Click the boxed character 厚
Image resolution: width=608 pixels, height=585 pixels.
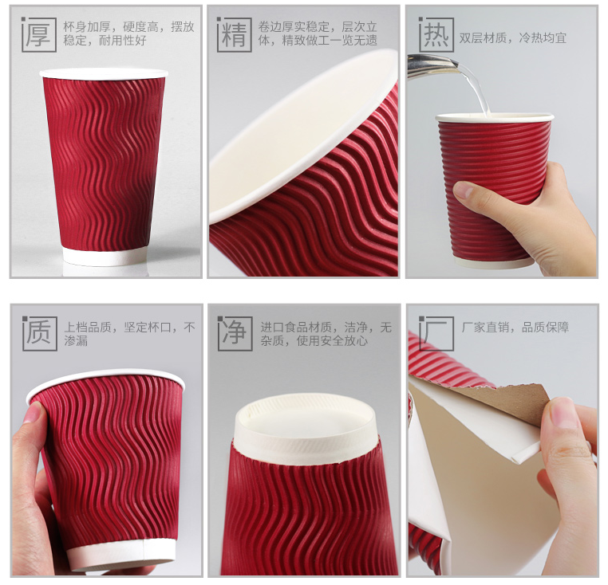[x=39, y=34]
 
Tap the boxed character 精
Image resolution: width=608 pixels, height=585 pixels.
[x=235, y=34]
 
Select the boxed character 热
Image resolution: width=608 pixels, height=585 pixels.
[x=436, y=34]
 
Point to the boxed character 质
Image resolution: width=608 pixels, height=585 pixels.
[x=39, y=332]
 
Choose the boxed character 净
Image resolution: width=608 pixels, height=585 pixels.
[x=235, y=332]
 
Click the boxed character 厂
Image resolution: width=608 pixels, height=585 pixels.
[x=436, y=332]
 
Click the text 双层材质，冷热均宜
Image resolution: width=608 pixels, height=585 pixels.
[x=512, y=38]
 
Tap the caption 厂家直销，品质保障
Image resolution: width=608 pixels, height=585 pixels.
[x=515, y=328]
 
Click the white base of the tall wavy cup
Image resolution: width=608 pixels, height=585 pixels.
[x=105, y=256]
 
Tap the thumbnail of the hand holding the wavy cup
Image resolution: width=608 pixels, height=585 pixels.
[x=34, y=414]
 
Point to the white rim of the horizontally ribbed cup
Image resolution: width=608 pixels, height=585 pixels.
[x=495, y=117]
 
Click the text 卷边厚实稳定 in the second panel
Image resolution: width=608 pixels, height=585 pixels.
[x=294, y=27]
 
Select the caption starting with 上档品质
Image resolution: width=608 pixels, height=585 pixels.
[x=129, y=334]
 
